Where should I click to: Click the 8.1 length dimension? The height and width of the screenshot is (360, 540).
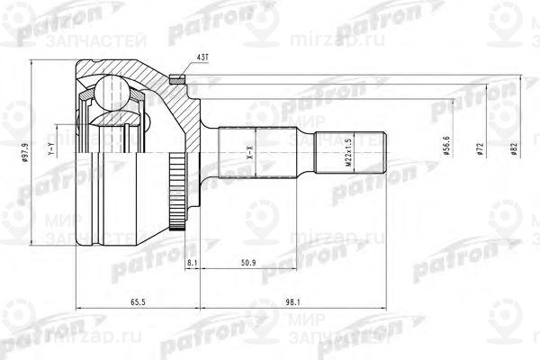point(193,262)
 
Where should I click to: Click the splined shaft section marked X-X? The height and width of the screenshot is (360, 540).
point(261,149)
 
